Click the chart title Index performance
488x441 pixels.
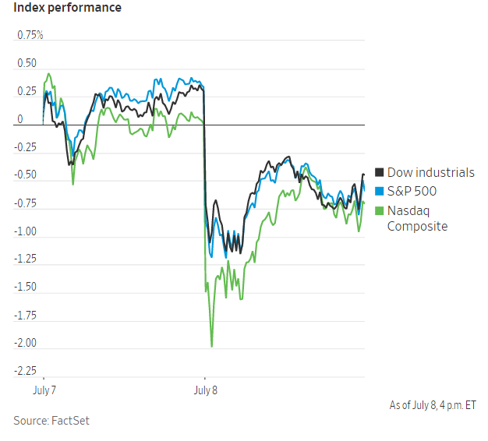(67, 9)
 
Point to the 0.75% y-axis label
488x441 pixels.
(30, 36)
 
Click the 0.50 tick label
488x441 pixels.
(27, 64)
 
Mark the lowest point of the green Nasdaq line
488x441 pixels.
(211, 346)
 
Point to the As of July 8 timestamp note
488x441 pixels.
(433, 405)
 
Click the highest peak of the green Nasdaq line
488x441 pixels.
(49, 74)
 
